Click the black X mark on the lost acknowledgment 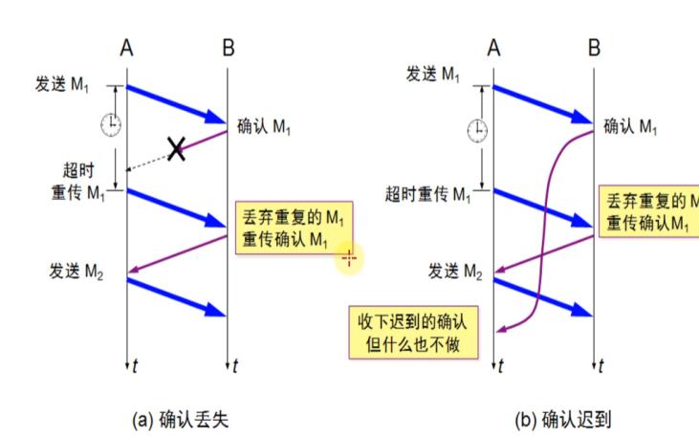tap(176, 148)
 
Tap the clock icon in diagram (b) tap(475, 129)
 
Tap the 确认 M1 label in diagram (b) tap(630, 126)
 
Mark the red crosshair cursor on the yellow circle tap(348, 257)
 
